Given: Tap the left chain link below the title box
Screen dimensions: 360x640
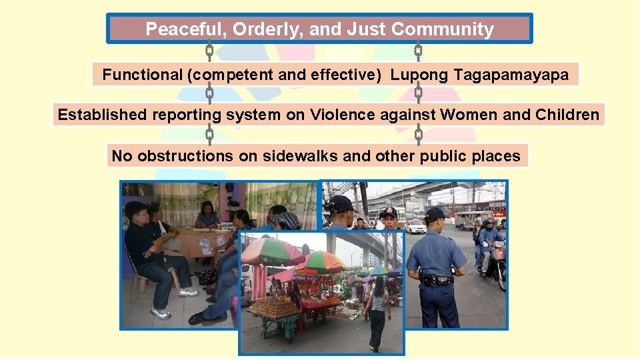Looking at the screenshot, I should click(209, 51).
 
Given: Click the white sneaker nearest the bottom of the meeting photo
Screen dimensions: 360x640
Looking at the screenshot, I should click(161, 313).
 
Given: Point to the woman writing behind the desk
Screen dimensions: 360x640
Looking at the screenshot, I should click(207, 214).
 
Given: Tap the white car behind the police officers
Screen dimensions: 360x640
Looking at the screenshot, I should click(415, 227).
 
